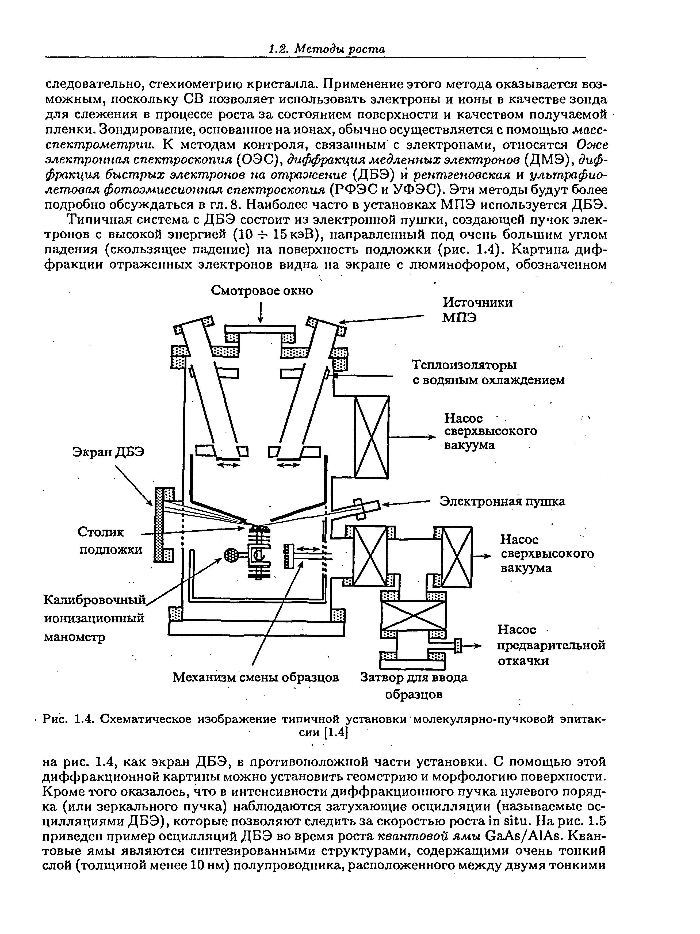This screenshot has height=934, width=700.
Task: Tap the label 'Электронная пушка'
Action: (502, 501)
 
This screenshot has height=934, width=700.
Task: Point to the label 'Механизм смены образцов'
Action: (256, 677)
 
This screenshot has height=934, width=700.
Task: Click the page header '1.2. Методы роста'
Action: (327, 49)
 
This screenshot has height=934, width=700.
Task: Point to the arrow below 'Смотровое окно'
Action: (261, 312)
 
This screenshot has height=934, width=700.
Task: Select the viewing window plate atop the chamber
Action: (260, 328)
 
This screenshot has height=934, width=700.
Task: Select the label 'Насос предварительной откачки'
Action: (551, 645)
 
